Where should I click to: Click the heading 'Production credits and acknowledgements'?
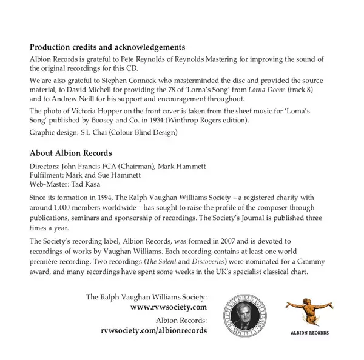click(x=107, y=47)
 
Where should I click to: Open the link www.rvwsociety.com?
click(x=169, y=307)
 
